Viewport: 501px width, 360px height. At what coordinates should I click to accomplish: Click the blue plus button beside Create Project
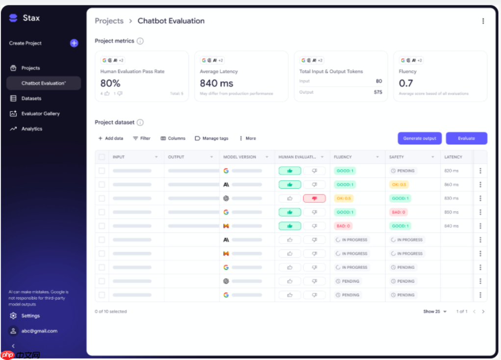74,43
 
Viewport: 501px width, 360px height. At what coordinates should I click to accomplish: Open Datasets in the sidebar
31,98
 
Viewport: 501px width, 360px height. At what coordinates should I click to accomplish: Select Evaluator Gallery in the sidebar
40,114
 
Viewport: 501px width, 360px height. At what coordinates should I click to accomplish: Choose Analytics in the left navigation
32,129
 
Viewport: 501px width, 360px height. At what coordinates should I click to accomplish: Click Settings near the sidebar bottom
30,316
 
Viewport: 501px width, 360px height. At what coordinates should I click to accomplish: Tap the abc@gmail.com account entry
39,331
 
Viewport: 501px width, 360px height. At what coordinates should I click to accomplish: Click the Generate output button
420,138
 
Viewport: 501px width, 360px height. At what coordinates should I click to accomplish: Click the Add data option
111,139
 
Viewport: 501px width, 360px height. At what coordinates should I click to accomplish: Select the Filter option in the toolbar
142,139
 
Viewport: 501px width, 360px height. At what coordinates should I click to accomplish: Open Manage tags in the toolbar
212,139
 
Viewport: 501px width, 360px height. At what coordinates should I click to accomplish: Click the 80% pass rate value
110,83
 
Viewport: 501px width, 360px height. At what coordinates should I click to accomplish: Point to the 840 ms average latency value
217,83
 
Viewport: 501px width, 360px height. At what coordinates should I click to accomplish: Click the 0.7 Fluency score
406,83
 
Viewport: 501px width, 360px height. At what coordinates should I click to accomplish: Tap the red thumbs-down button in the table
314,198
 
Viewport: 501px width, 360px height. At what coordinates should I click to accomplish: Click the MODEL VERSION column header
240,157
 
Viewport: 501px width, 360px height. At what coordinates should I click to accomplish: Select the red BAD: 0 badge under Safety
398,212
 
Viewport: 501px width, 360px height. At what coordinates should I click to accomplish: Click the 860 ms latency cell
451,185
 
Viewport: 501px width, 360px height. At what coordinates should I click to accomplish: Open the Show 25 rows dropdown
435,312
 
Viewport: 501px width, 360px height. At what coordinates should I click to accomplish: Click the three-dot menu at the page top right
483,21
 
